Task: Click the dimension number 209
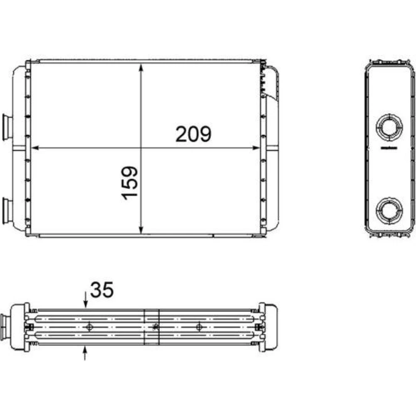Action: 193,134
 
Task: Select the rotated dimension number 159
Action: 129,183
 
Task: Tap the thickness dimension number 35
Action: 102,290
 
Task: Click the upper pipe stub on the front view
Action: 7,127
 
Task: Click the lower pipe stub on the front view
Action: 7,210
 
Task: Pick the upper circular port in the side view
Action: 389,127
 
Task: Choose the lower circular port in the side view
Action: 389,210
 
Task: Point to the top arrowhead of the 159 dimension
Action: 141,68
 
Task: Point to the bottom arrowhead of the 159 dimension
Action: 141,230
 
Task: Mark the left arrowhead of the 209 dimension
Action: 35,148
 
